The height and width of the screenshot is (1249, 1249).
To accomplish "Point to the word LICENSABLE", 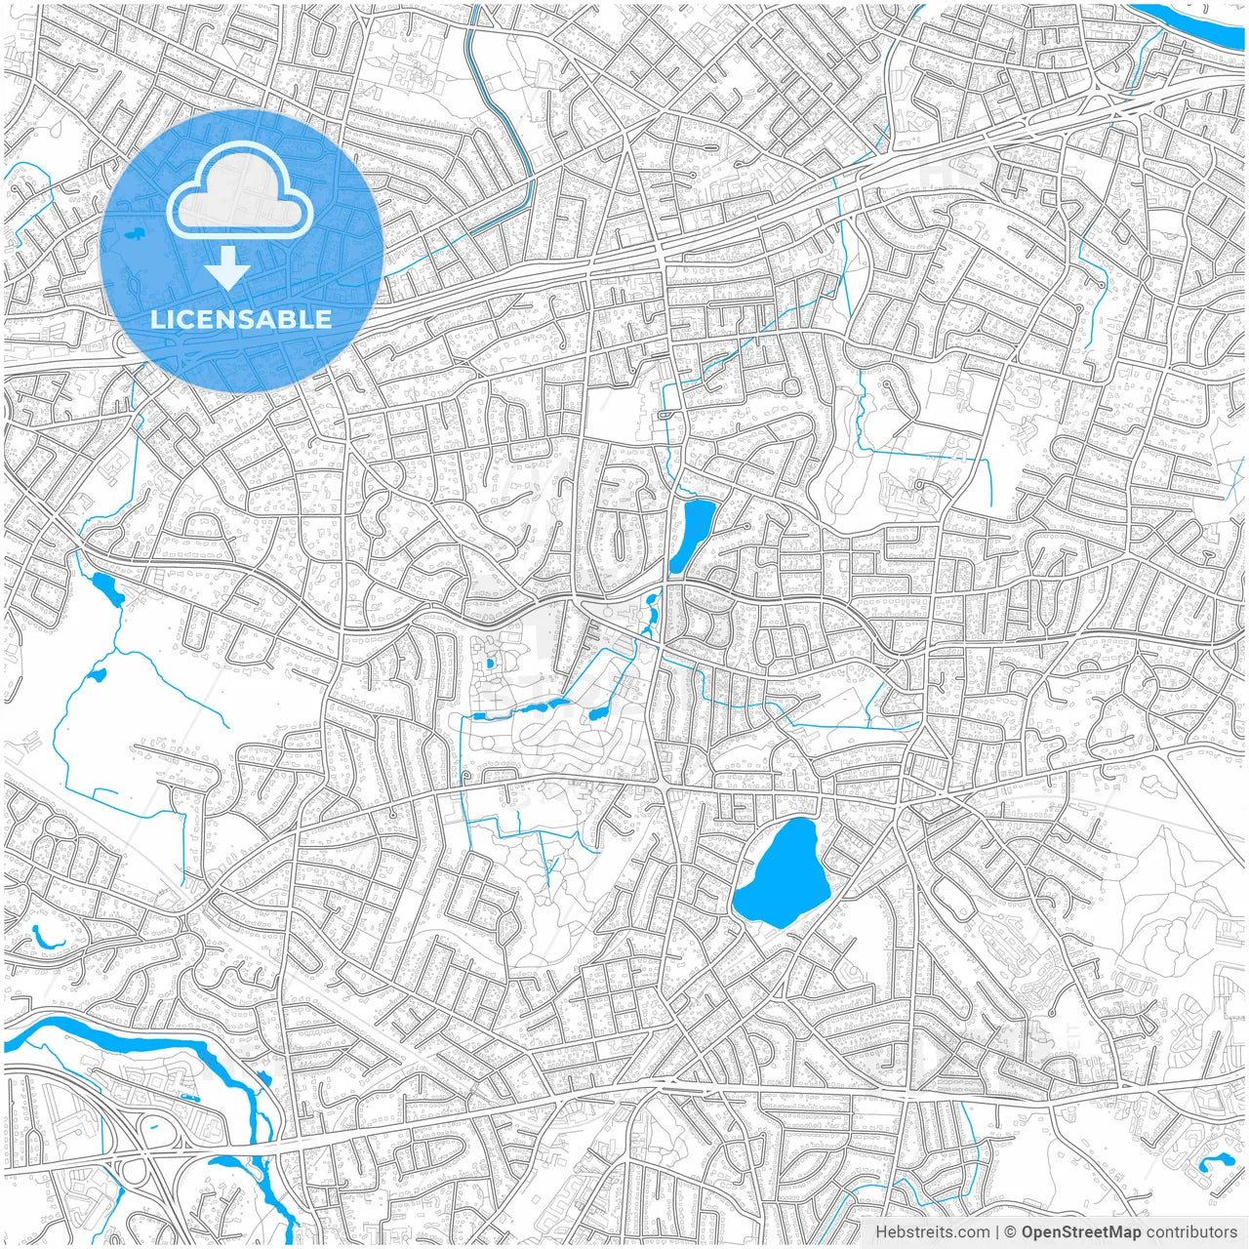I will pyautogui.click(x=241, y=319).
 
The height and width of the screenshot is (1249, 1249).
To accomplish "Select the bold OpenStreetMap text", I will pyautogui.click(x=1081, y=1232).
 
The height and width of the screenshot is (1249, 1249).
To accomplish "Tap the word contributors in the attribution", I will pyautogui.click(x=1191, y=1232).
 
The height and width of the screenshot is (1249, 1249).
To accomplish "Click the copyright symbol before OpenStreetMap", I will pyautogui.click(x=1011, y=1232).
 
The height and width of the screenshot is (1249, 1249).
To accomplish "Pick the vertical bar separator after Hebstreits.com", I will pyautogui.click(x=998, y=1232).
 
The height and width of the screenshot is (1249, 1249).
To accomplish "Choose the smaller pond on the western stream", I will pyautogui.click(x=97, y=674).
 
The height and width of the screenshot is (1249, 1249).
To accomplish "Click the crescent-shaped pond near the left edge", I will pyautogui.click(x=43, y=939).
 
